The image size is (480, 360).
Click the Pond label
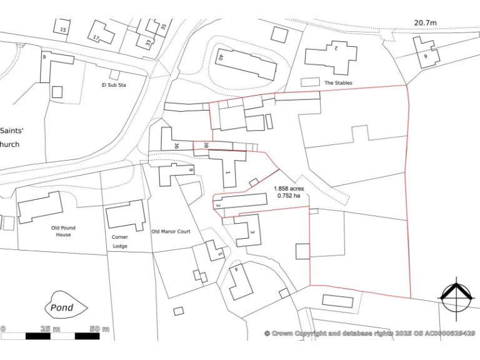62,307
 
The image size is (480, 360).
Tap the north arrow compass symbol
456,296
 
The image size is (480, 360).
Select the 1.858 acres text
289,188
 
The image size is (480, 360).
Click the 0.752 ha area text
289,196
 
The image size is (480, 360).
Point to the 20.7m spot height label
425,23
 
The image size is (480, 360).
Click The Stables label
338,82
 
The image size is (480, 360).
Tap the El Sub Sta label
114,84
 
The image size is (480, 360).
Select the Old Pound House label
64,231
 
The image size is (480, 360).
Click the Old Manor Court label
171,231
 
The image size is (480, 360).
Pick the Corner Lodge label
120,241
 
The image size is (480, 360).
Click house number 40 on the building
221,57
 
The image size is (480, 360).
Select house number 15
62,29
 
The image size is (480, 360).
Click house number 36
177,146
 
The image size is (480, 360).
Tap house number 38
206,146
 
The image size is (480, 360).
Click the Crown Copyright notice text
369,333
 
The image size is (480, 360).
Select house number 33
148,43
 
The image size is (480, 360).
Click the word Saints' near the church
12,131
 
